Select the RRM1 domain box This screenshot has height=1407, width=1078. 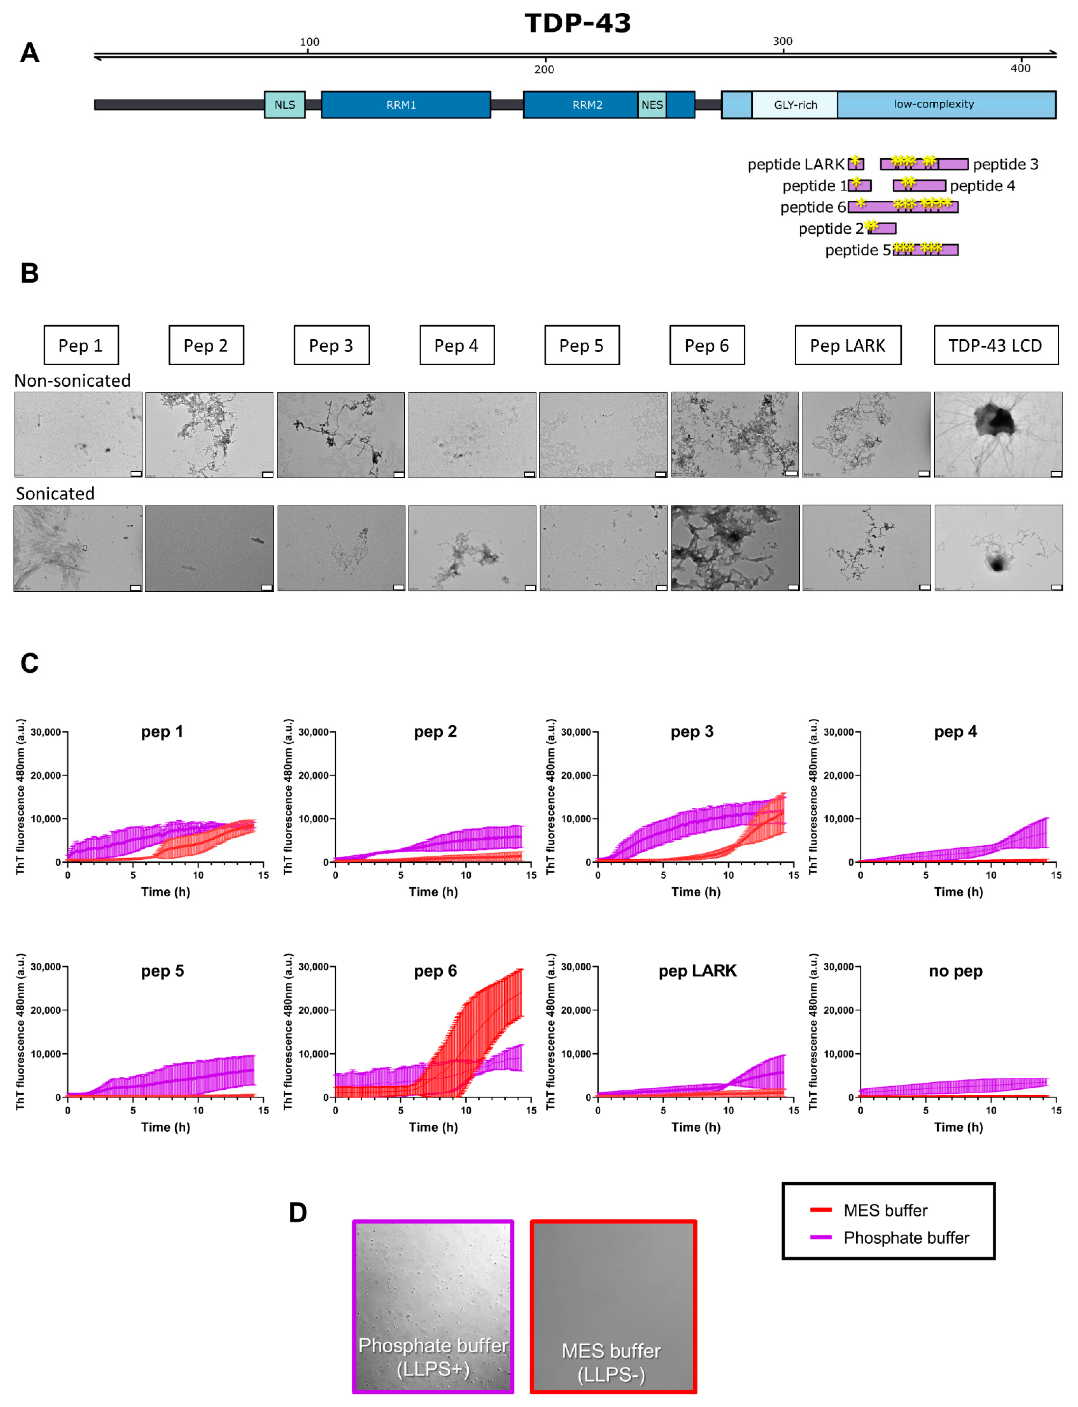click(405, 104)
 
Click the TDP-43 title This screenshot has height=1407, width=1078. click(578, 23)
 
